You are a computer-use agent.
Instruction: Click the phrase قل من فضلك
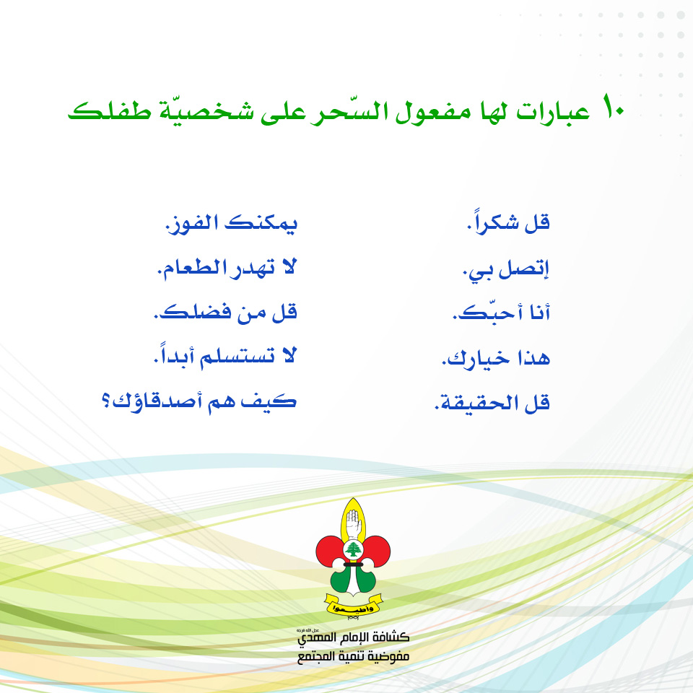[225, 313]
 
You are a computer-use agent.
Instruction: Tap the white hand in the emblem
[353, 522]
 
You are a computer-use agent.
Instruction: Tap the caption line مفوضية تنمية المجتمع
[354, 658]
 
